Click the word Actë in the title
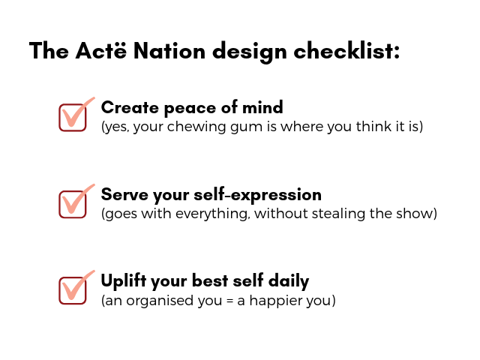(100, 50)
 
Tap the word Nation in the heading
(169, 50)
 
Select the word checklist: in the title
(346, 50)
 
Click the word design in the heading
(250, 52)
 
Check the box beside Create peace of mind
(73, 118)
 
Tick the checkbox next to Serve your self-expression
(73, 205)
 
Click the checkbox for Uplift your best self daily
(73, 291)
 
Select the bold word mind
(262, 107)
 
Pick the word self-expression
(258, 195)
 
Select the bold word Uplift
(123, 281)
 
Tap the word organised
(160, 301)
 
